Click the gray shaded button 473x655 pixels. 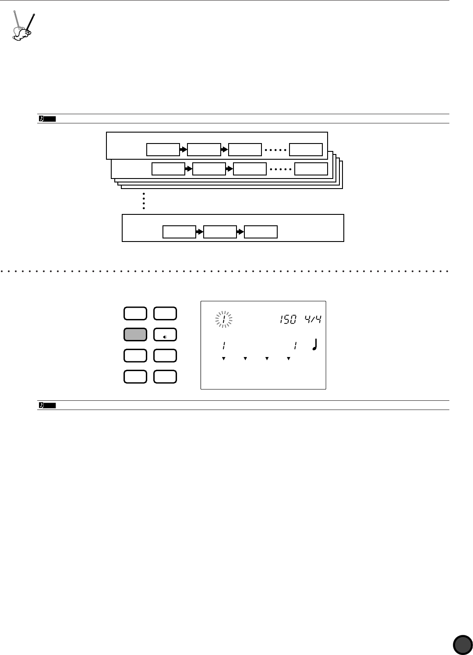click(135, 335)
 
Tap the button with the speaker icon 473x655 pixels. click(165, 335)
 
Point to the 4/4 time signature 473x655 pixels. click(314, 319)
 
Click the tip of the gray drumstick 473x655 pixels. click(14, 12)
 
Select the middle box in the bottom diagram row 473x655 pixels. click(220, 232)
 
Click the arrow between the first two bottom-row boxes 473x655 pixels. click(200, 232)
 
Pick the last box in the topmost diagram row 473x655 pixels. click(306, 150)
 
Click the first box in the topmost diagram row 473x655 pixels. click(163, 150)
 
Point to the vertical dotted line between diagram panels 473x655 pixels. click(143, 201)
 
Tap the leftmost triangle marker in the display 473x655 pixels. click(223, 359)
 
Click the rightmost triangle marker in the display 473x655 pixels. click(288, 359)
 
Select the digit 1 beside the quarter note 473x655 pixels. click(296, 346)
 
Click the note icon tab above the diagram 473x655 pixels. click(47, 118)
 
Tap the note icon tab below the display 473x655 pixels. click(47, 405)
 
